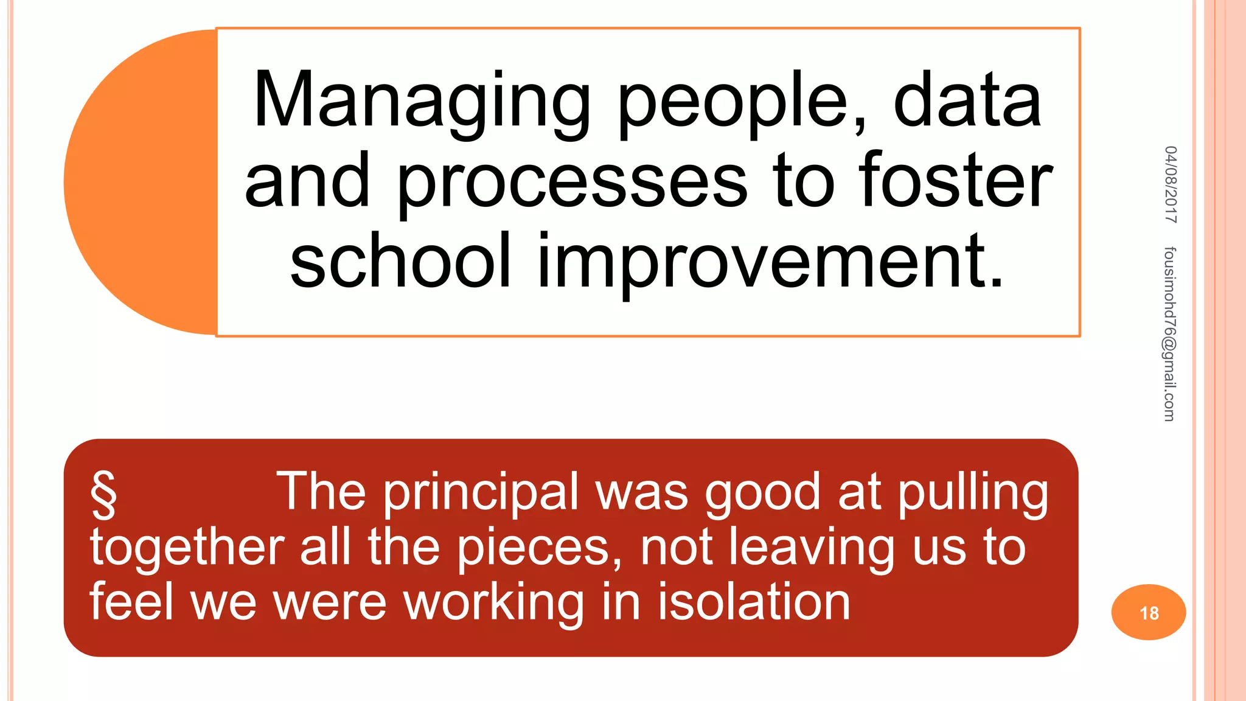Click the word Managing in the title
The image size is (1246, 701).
click(x=422, y=100)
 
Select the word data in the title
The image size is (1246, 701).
click(x=967, y=100)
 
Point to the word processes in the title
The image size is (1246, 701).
click(x=572, y=183)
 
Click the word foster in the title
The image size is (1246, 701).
click(x=956, y=181)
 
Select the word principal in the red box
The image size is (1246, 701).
click(x=481, y=493)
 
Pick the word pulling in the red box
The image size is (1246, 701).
click(x=973, y=493)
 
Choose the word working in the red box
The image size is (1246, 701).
click(x=493, y=602)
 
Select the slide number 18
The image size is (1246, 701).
click(x=1149, y=613)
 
